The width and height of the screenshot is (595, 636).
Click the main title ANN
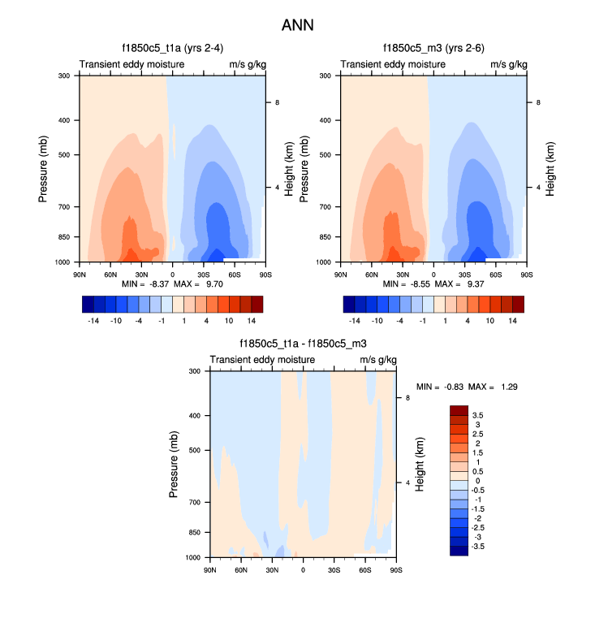297,25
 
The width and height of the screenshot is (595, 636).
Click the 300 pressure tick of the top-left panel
64,76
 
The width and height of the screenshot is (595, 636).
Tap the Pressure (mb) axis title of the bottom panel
174,465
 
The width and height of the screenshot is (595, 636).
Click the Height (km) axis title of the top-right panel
550,169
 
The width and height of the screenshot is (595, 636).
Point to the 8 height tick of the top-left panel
278,102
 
